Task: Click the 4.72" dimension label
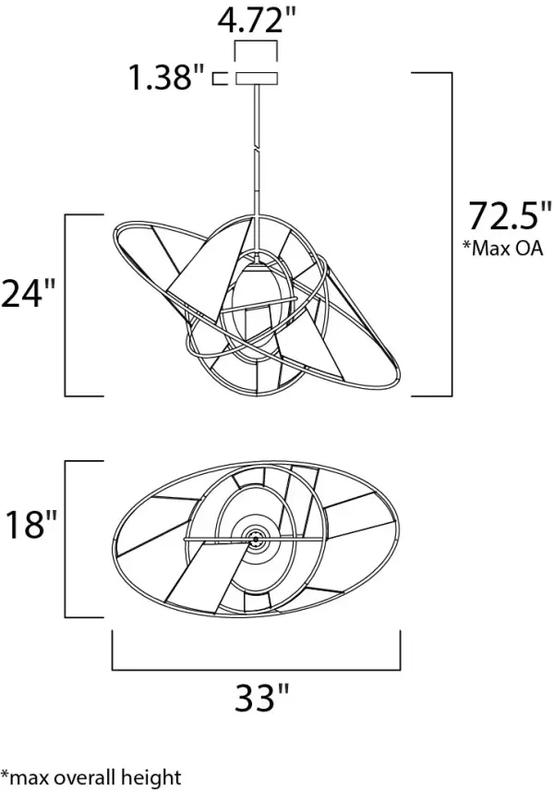tap(257, 20)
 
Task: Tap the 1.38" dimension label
tap(165, 79)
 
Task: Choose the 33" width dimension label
tap(257, 698)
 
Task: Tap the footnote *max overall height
tap(90, 777)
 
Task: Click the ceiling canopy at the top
tap(257, 78)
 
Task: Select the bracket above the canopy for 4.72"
tap(257, 43)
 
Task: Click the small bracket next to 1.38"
tap(220, 79)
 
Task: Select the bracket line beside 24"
tap(66, 305)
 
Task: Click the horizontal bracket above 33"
tap(256, 665)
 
